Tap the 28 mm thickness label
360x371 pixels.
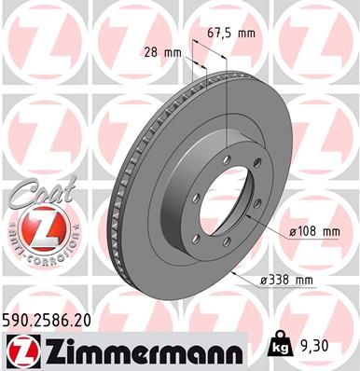[x=162, y=53]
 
